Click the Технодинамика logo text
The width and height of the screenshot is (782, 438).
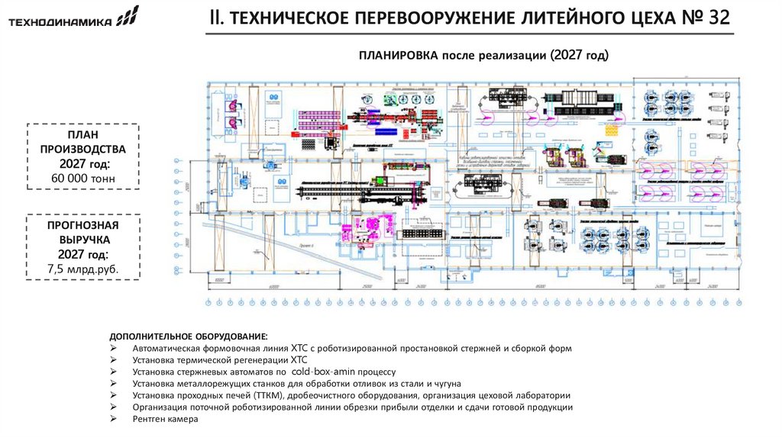click(60, 22)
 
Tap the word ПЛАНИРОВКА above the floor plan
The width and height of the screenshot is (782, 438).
click(396, 56)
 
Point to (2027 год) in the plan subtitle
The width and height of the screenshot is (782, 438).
click(570, 56)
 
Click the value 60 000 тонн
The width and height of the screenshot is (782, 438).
click(84, 179)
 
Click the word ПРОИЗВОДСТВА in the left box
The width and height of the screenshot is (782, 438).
click(84, 150)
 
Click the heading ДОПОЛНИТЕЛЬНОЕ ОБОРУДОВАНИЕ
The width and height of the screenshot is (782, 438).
click(189, 337)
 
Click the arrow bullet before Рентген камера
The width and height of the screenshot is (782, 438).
click(114, 419)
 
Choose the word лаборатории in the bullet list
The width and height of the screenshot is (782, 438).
click(541, 395)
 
